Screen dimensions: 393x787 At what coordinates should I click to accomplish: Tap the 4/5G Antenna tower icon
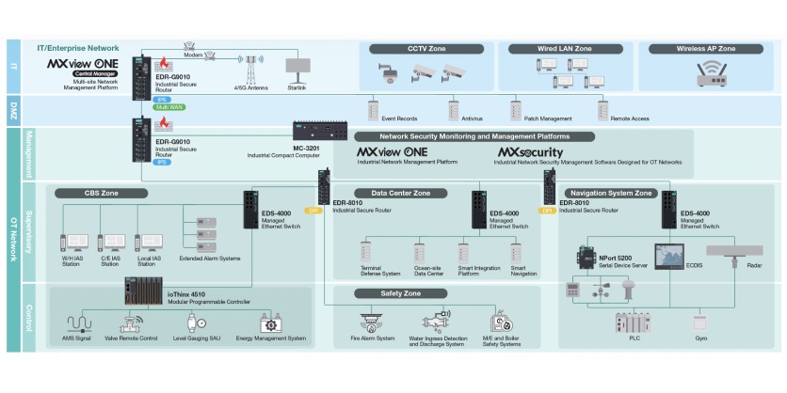coord(251,69)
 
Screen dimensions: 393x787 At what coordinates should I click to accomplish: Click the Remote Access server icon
coord(602,106)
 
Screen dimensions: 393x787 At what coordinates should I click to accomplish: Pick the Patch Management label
coord(548,119)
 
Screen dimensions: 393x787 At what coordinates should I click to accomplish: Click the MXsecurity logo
coord(531,151)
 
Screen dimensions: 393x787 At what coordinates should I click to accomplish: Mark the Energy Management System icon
coord(271,323)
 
